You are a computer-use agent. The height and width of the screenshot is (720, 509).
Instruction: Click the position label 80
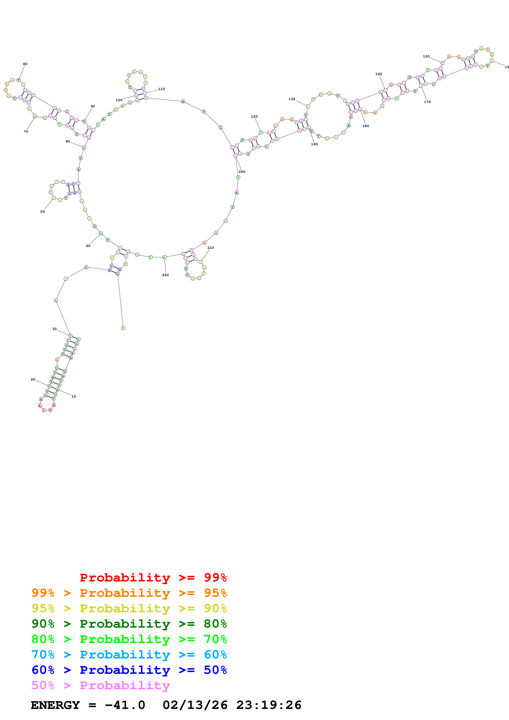click(x=25, y=64)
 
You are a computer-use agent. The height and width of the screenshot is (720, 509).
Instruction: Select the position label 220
click(x=165, y=275)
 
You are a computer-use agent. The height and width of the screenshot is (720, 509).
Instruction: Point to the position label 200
click(x=242, y=172)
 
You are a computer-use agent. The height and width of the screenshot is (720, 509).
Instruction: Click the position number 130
click(x=292, y=99)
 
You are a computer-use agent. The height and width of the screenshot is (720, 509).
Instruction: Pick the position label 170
click(x=427, y=102)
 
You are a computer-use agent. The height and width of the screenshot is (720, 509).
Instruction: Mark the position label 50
click(x=42, y=212)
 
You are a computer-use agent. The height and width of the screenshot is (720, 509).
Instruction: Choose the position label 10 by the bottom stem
click(x=74, y=396)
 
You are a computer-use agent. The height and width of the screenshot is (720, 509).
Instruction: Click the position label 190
click(x=314, y=144)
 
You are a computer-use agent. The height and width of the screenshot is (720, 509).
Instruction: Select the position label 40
click(x=88, y=246)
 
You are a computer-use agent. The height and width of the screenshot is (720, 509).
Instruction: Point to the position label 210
click(x=211, y=248)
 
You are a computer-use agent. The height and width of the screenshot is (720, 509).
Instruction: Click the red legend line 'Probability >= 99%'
click(x=153, y=577)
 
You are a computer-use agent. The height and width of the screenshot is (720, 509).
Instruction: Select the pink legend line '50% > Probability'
click(x=100, y=685)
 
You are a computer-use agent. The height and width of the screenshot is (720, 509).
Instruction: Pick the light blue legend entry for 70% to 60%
click(x=129, y=655)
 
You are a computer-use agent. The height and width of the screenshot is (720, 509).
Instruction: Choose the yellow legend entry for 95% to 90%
click(x=129, y=608)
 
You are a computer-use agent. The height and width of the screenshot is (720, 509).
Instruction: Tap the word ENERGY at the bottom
click(x=55, y=705)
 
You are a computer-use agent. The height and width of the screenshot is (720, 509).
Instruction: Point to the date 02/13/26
click(x=195, y=705)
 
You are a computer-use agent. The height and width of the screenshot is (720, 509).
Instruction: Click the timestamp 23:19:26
click(x=269, y=705)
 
